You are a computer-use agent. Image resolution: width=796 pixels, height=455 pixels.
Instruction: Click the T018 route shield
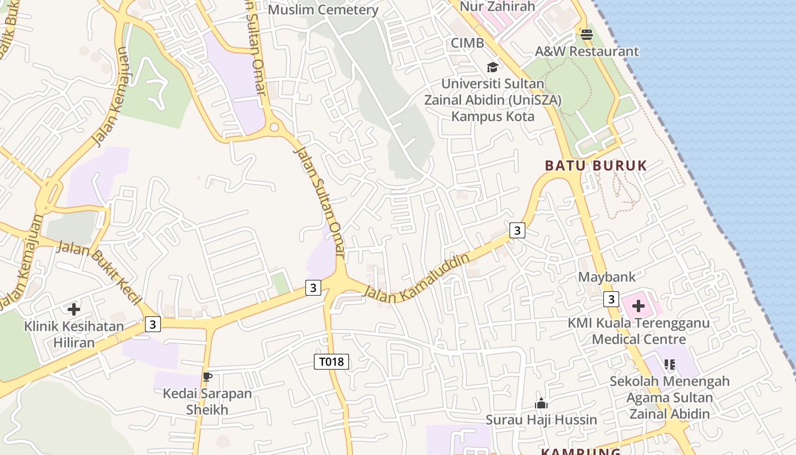pos(331,361)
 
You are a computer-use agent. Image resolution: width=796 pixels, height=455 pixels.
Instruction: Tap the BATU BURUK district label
pos(596,166)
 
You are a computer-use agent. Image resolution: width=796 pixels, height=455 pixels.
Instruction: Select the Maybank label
pos(607,277)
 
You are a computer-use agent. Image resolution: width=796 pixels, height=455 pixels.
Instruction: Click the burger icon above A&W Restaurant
pos(587,35)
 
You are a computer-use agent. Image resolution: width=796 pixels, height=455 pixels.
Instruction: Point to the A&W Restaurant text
pos(587,51)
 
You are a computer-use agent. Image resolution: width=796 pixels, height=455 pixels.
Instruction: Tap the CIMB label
pos(467,43)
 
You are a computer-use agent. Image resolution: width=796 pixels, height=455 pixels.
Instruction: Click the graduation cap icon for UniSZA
pos(492,68)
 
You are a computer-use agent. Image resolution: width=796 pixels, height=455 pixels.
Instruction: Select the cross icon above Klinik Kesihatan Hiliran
pos(74,309)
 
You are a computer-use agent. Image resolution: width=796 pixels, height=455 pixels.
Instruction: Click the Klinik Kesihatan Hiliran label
pos(74,334)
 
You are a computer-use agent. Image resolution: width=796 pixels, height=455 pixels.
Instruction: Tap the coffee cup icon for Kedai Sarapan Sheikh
pos(208,377)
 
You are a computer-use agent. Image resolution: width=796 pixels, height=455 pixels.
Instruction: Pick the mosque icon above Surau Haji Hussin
pos(541,404)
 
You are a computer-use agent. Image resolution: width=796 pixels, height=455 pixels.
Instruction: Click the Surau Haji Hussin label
pos(541,420)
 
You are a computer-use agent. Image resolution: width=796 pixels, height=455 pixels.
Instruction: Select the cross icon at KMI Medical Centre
pos(639,307)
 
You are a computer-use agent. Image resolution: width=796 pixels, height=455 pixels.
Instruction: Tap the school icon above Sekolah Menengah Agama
pos(669,364)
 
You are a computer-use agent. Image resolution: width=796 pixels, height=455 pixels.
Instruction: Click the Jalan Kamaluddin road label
pos(417,278)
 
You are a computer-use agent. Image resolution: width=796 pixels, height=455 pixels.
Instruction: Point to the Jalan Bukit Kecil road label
pos(100,272)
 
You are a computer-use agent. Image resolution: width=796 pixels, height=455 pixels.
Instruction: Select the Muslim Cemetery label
pos(323,10)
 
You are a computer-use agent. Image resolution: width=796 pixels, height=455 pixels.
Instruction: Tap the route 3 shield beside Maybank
pos(611,299)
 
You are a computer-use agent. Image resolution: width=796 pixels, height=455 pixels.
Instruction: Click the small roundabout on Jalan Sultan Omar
pos(275,127)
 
